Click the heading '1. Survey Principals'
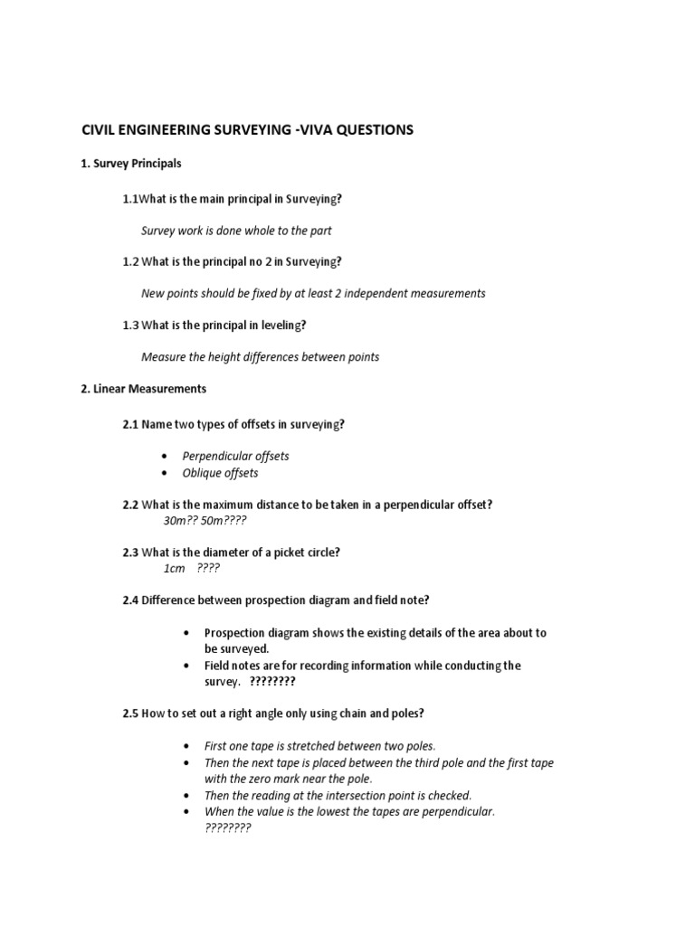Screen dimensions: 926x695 coord(130,164)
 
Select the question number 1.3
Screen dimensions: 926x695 coord(130,325)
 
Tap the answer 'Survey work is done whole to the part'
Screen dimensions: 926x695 coord(236,231)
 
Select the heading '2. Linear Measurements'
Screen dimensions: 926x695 coord(143,389)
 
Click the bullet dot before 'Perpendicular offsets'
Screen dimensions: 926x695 coord(164,457)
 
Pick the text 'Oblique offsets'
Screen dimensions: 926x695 coord(220,473)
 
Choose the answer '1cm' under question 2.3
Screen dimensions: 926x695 coord(174,568)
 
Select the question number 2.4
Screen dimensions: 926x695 coord(130,600)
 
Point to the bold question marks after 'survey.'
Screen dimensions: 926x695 coord(272,682)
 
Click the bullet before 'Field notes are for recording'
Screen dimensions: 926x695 coord(186,666)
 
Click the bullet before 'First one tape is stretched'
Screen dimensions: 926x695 coord(186,746)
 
